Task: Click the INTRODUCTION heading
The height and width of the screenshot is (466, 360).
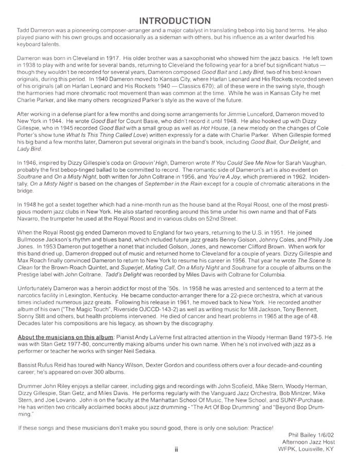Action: [175, 20]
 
